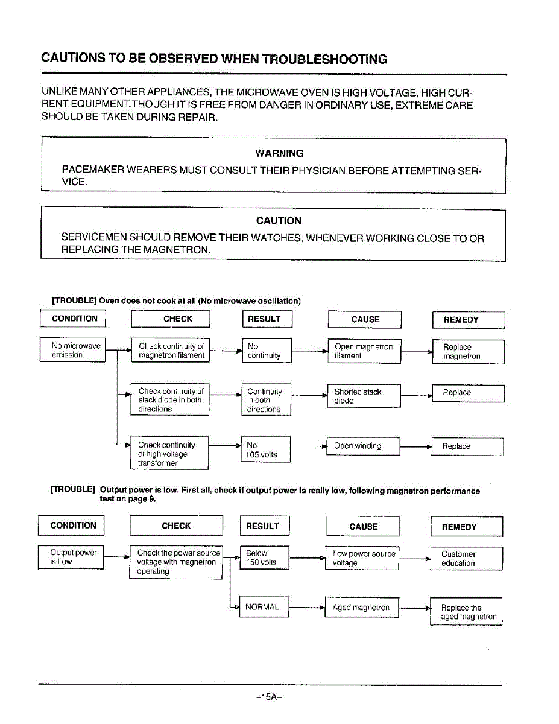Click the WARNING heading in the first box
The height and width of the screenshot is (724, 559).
click(x=279, y=153)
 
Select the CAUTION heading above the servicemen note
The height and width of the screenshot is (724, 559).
click(x=279, y=221)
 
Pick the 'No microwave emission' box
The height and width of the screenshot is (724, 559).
click(x=73, y=351)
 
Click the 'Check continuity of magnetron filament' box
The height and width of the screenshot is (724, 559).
click(x=171, y=351)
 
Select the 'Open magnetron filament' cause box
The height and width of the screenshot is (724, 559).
click(x=364, y=351)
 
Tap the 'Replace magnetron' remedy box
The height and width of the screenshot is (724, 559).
click(x=467, y=352)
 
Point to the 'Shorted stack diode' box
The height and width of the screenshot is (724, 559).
click(x=363, y=396)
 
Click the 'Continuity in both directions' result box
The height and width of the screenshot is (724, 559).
click(x=265, y=400)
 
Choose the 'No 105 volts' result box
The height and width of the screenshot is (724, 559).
click(x=265, y=449)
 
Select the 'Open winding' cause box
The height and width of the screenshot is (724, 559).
click(x=362, y=446)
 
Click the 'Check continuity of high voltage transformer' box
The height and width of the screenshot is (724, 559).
click(x=169, y=454)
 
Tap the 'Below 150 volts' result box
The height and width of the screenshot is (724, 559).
click(x=264, y=558)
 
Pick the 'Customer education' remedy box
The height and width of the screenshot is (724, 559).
click(x=466, y=559)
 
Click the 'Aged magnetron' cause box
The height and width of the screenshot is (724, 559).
click(x=362, y=608)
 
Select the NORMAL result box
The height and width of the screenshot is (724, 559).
click(x=264, y=607)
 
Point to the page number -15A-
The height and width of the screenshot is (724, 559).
click(x=269, y=697)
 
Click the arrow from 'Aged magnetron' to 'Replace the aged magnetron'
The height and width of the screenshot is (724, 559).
click(x=414, y=608)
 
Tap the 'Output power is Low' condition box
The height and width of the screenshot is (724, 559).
click(x=71, y=557)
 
